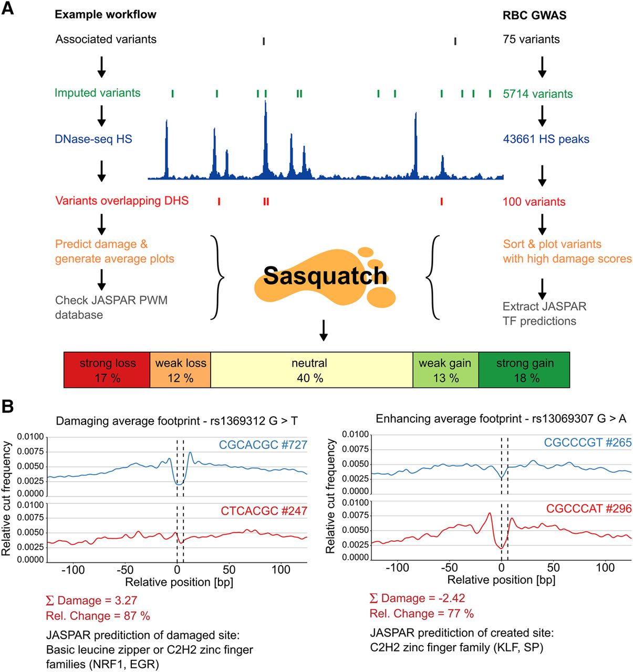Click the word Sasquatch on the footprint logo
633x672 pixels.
click(x=325, y=276)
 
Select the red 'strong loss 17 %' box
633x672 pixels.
click(x=107, y=370)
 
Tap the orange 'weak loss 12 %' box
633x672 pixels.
click(x=181, y=370)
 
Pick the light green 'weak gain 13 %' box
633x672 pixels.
click(x=445, y=370)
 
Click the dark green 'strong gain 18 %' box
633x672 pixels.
click(x=524, y=370)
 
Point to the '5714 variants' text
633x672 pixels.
click(x=537, y=94)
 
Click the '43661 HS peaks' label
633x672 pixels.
click(x=546, y=139)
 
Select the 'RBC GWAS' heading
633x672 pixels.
click(x=534, y=15)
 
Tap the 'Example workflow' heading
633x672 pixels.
click(x=106, y=15)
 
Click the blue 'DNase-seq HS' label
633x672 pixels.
click(x=93, y=139)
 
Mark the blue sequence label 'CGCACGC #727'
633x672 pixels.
click(x=263, y=445)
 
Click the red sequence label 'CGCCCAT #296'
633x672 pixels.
click(x=588, y=509)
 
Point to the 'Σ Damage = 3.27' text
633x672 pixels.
click(x=91, y=601)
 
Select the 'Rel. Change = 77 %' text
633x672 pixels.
click(x=421, y=613)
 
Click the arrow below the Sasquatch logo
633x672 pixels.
click(x=324, y=330)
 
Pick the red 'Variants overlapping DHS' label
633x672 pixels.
click(x=122, y=201)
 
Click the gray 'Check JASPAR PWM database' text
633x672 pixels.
click(x=111, y=308)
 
